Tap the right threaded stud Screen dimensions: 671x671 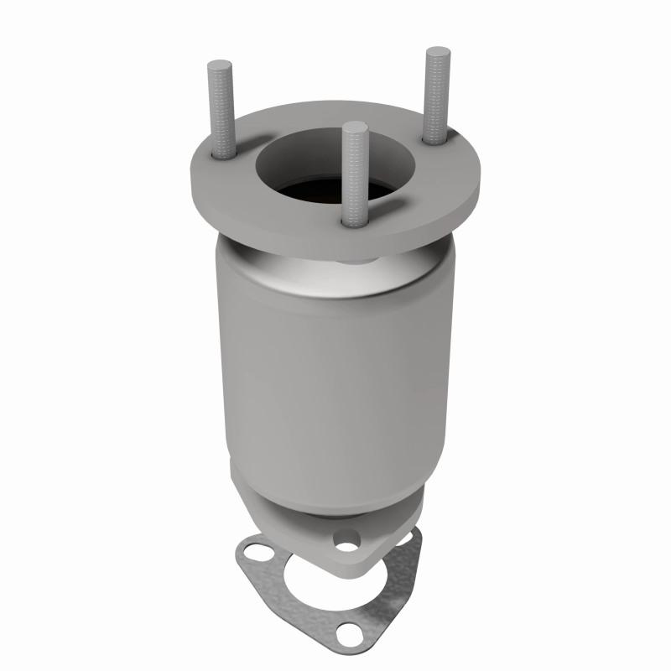point(437,92)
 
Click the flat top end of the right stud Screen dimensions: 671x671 point(437,52)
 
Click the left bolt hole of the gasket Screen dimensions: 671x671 point(251,554)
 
